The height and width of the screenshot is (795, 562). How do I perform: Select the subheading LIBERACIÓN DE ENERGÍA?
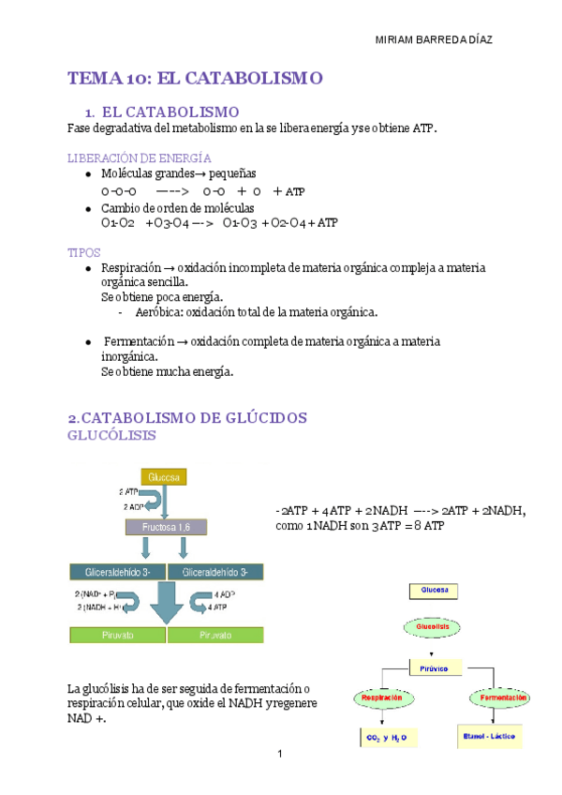click(140, 157)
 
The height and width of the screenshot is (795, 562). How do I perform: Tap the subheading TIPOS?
click(84, 253)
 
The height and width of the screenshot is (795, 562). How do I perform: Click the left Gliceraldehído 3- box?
click(117, 572)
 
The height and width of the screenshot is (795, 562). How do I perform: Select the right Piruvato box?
click(215, 635)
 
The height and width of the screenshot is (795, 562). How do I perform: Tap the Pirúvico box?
click(436, 668)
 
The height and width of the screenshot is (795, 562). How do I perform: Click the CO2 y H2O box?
click(389, 738)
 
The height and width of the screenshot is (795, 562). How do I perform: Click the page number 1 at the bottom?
click(280, 753)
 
